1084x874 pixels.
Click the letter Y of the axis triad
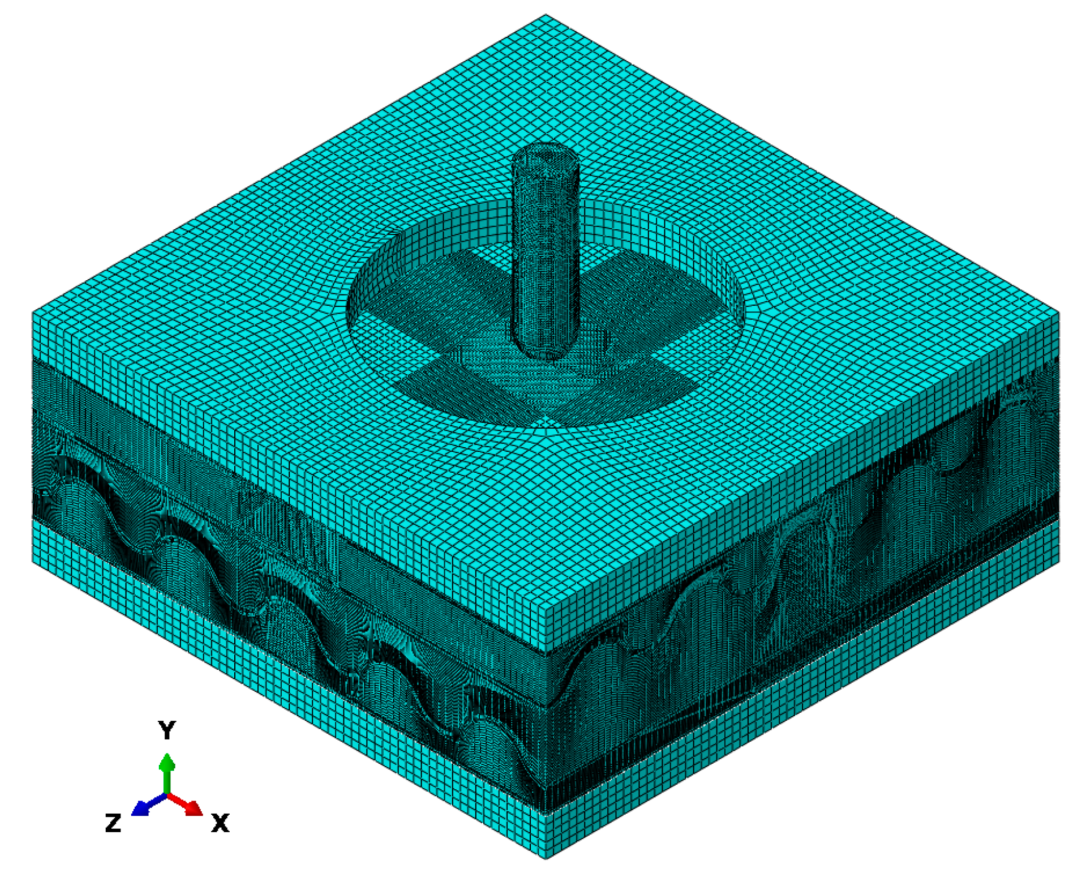pyautogui.click(x=167, y=731)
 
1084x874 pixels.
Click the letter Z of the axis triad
pyautogui.click(x=113, y=823)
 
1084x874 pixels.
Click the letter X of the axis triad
pyautogui.click(x=220, y=823)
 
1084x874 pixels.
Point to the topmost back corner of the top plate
pyautogui.click(x=545, y=15)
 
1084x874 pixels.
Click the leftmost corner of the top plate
pyautogui.click(x=33, y=311)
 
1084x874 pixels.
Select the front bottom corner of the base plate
pyautogui.click(x=545, y=858)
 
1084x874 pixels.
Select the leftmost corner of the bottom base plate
pyautogui.click(x=33, y=562)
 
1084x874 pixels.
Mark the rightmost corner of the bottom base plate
pyautogui.click(x=1058, y=562)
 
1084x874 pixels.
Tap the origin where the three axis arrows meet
pyautogui.click(x=167, y=794)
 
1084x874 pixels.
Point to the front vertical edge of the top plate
pyautogui.click(x=546, y=630)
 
